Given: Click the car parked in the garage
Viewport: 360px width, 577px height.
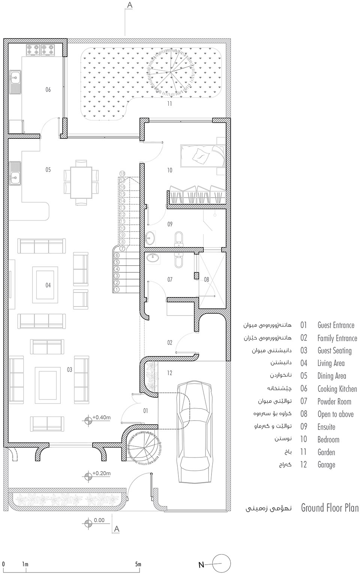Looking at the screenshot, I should pyautogui.click(x=195, y=431).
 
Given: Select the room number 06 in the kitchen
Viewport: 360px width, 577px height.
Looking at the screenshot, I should pyautogui.click(x=48, y=90).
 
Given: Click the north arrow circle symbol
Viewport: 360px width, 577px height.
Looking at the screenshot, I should pyautogui.click(x=221, y=564).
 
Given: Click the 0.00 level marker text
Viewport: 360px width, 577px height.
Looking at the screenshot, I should pyautogui.click(x=99, y=520).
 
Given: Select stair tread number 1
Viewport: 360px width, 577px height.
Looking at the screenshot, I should pyautogui.click(x=117, y=289).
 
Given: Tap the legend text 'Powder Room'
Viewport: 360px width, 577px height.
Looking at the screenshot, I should pyautogui.click(x=334, y=401).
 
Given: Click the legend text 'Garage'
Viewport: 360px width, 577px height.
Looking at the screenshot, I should pyautogui.click(x=326, y=465).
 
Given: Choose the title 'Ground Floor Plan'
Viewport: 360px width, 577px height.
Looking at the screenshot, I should pyautogui.click(x=330, y=508).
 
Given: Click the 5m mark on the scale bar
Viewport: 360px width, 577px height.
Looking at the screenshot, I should pyautogui.click(x=138, y=564).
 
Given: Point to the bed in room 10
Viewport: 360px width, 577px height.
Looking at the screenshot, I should pyautogui.click(x=202, y=155).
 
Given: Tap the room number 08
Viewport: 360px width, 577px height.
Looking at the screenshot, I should pyautogui.click(x=207, y=279).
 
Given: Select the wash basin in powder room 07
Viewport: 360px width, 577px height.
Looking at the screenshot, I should pyautogui.click(x=152, y=258).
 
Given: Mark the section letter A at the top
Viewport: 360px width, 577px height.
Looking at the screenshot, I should pyautogui.click(x=130, y=5).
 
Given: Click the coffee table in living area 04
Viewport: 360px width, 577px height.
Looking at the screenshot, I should pyautogui.click(x=45, y=284).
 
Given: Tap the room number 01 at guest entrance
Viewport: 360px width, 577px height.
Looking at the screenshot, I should pyautogui.click(x=145, y=411).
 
